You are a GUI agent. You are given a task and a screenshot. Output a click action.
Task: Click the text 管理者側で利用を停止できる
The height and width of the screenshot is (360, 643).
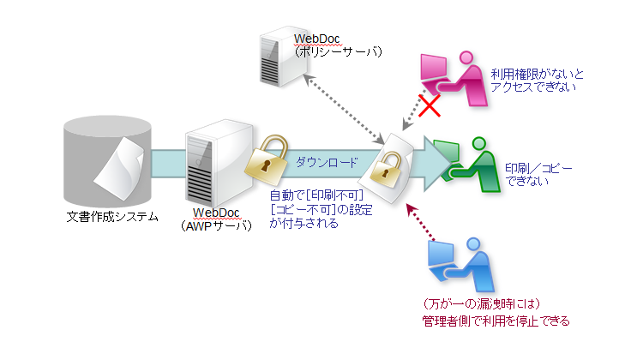(x=496, y=321)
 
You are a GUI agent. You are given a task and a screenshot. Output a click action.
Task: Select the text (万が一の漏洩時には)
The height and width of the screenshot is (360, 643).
(x=481, y=304)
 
